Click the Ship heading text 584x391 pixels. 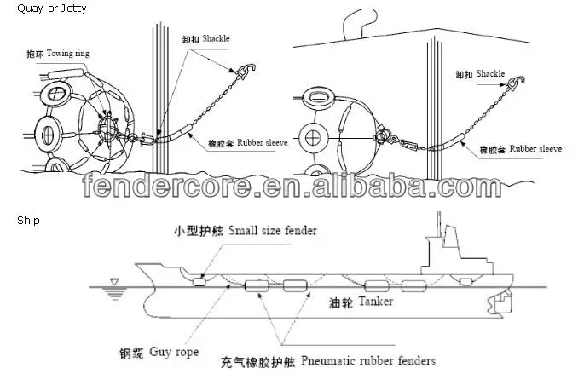28,220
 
